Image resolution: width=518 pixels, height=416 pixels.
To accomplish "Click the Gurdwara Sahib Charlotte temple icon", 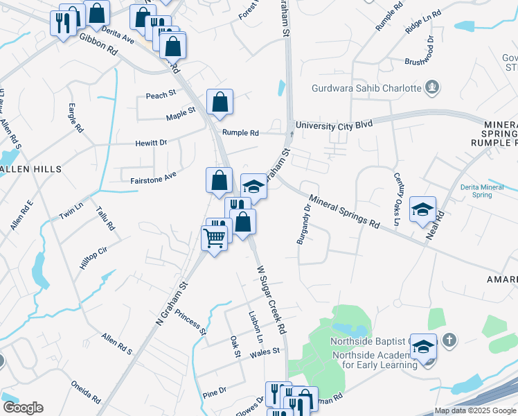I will (x=434, y=88).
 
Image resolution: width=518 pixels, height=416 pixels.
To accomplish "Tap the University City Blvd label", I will (x=334, y=125).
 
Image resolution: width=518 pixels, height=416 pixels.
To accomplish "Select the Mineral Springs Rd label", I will (x=345, y=213).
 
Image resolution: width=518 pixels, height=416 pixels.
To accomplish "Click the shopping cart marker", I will (x=214, y=238).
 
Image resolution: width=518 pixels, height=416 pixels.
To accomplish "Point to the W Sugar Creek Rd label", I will (x=271, y=299).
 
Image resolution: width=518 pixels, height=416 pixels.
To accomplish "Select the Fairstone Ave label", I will (x=153, y=179).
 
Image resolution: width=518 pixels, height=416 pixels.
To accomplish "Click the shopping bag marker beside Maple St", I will (x=220, y=102).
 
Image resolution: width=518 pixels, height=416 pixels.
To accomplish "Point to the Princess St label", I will (x=190, y=322).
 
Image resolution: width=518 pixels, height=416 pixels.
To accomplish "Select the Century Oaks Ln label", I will (x=397, y=200).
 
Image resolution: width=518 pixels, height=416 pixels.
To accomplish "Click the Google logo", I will (x=23, y=408).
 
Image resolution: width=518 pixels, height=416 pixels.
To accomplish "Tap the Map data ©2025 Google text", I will (x=474, y=410).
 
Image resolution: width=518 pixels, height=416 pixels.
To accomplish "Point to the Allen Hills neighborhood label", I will (x=30, y=168).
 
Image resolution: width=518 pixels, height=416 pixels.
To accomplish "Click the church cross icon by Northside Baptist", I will (x=449, y=340).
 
